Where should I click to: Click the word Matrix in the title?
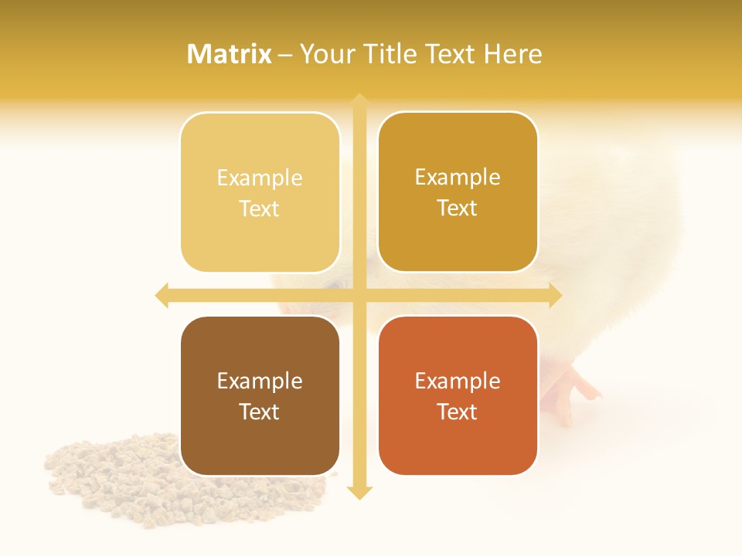[230, 54]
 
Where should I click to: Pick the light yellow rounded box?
[260, 192]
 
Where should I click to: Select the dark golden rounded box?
[458, 192]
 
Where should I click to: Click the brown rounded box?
[260, 395]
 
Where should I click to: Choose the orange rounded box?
[458, 395]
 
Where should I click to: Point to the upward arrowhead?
[359, 100]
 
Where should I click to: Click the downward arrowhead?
[359, 493]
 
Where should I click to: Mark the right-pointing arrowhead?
[555, 295]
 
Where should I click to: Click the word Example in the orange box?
[458, 381]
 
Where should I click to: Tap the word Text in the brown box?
[260, 412]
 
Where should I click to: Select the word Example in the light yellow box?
[260, 178]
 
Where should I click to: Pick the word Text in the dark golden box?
[458, 208]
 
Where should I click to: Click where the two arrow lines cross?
[359, 295]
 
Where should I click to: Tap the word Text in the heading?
[448, 54]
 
